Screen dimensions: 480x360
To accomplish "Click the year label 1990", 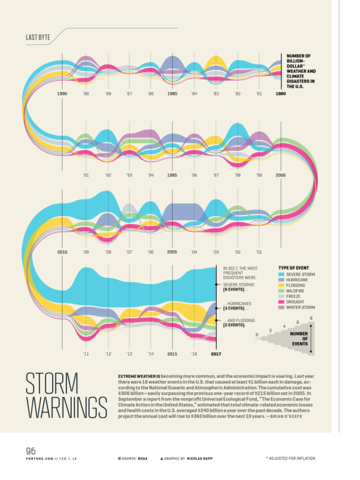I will (x=62, y=94).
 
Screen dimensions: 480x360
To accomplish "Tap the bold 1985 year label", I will (x=172, y=94).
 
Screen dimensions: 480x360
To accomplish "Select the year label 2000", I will (x=281, y=175).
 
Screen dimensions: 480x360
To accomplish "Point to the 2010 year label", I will (x=62, y=252).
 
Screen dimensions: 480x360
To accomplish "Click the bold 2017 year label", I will (x=215, y=354).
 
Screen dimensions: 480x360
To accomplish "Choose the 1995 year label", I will (x=172, y=175).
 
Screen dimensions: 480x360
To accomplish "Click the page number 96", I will (x=31, y=451).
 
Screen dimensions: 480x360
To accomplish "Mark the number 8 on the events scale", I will (x=311, y=317).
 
